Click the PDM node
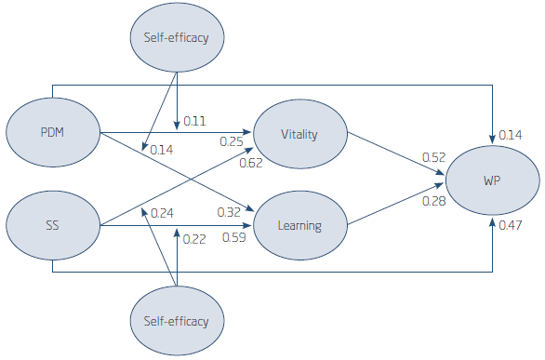tap(53, 134)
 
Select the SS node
tap(53, 224)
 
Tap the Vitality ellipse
tap(299, 134)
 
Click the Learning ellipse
tap(299, 224)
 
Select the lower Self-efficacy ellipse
tap(177, 322)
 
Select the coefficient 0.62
tap(250, 163)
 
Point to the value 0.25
tap(232, 141)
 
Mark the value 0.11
tap(195, 121)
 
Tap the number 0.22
tap(194, 239)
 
